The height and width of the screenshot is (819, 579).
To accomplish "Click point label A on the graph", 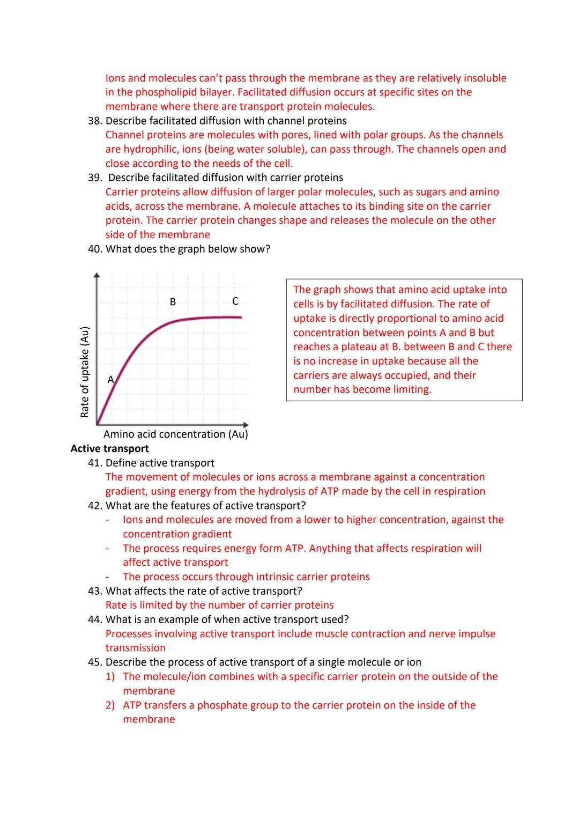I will click(110, 380).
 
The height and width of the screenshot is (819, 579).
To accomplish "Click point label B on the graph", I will click(173, 302).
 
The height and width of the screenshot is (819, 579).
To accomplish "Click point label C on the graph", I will click(235, 301).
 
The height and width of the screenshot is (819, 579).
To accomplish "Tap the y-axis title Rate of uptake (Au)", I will click(84, 372).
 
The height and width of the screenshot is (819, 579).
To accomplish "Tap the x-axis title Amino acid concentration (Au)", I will click(175, 434).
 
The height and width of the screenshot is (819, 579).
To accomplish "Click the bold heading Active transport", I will click(109, 449).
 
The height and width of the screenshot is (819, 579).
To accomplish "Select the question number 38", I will click(94, 121).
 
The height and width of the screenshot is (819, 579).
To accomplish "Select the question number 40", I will click(94, 249).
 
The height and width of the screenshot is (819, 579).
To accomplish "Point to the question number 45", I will click(94, 662).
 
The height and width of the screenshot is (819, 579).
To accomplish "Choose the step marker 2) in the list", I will click(110, 705).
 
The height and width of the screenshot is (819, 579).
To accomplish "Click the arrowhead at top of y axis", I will click(97, 275).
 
